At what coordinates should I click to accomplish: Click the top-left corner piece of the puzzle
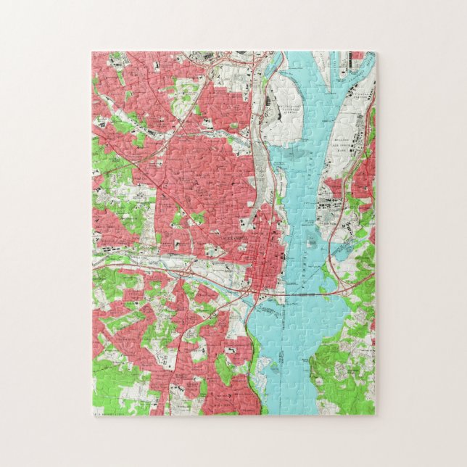click(x=102, y=61)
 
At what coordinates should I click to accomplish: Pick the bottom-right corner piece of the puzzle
click(x=365, y=406)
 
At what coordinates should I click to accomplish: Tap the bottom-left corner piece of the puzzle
click(x=102, y=406)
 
